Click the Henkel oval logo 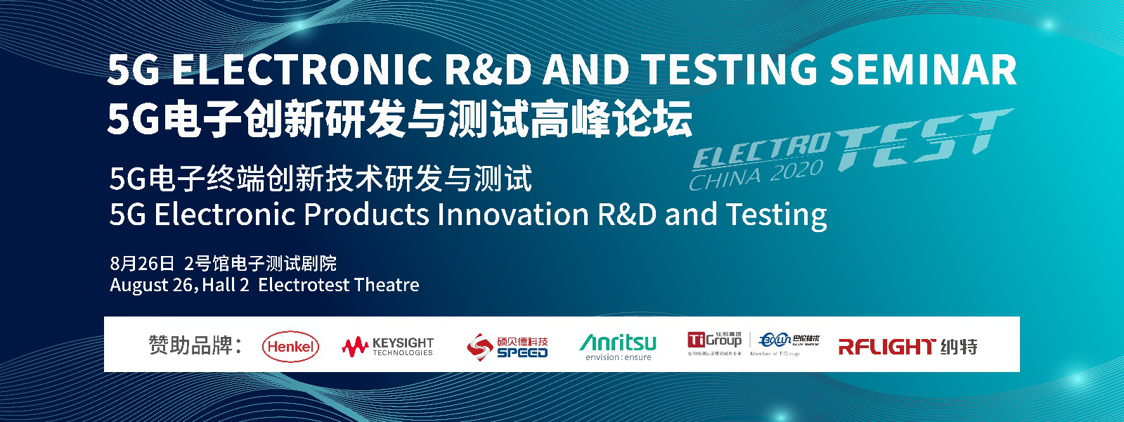tap(290, 347)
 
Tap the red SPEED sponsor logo tap(507, 346)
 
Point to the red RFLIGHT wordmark tap(886, 346)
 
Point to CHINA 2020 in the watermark tap(756, 175)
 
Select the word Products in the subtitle tap(366, 214)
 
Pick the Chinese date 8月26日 tap(142, 263)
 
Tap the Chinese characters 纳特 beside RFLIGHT tap(960, 346)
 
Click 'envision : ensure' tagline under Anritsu tap(618, 357)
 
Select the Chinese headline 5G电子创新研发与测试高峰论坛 tap(399, 118)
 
